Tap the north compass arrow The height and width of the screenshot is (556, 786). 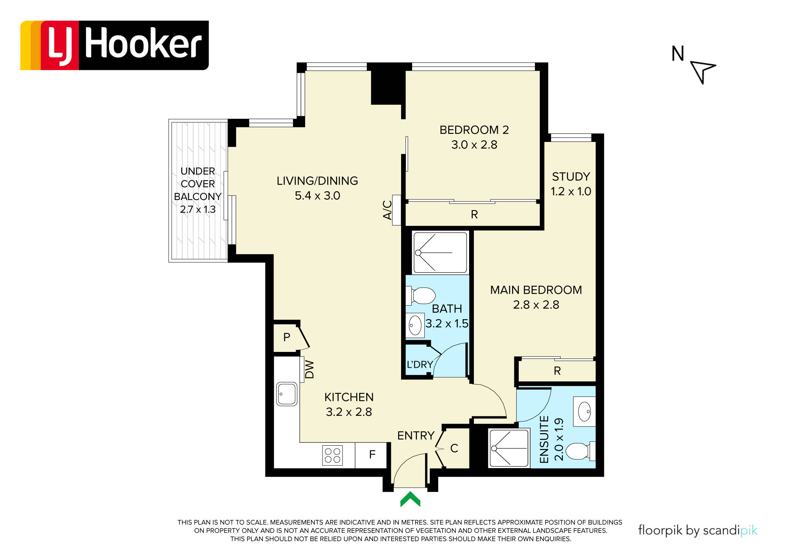click(x=703, y=72)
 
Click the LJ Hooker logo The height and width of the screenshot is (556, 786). click(x=114, y=45)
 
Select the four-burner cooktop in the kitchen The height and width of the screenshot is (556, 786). click(x=332, y=455)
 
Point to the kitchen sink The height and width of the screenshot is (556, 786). click(x=287, y=394)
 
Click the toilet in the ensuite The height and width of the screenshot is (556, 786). click(x=580, y=451)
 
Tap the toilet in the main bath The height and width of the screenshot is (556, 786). click(x=421, y=296)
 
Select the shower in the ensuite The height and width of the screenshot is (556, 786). click(x=509, y=448)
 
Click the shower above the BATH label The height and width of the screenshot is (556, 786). click(x=440, y=253)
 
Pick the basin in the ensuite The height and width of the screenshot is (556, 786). click(x=585, y=411)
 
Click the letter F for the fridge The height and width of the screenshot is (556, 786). click(x=372, y=455)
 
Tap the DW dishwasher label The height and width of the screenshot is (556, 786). click(x=310, y=369)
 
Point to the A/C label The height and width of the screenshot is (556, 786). click(x=387, y=210)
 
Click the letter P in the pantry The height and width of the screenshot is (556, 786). click(x=287, y=337)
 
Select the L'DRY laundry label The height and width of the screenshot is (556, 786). click(x=419, y=364)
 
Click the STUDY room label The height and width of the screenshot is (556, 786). click(x=571, y=177)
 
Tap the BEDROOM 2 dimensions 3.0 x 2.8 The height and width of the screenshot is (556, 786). click(x=474, y=145)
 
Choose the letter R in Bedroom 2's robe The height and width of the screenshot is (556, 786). click(x=474, y=214)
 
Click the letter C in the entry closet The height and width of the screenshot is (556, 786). click(x=454, y=448)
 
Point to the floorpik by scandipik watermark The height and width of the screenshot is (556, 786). click(x=698, y=530)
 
